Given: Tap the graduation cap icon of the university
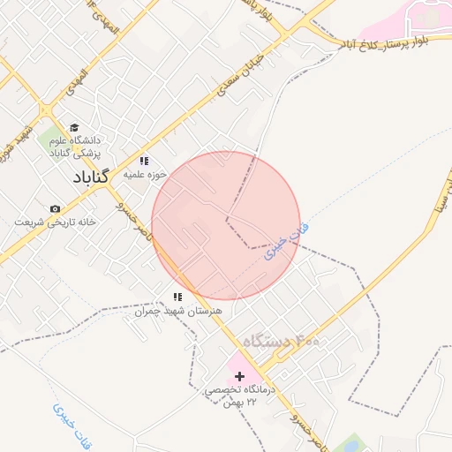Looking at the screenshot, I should point(74,128).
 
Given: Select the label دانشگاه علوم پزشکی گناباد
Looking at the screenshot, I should point(77,147).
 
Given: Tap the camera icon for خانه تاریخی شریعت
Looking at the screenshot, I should point(56,208).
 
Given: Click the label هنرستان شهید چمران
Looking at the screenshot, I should point(177,312).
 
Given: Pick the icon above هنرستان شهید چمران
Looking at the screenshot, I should point(177,298).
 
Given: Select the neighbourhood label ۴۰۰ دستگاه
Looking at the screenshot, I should point(282,341).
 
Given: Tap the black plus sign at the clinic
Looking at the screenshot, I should point(239,376).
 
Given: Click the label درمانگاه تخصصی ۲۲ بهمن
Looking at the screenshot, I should point(240,395).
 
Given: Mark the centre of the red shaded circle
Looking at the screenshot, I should point(226,226).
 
